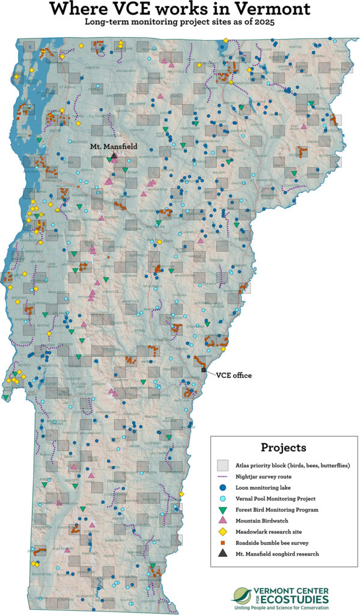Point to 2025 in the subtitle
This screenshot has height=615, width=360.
tap(272, 23)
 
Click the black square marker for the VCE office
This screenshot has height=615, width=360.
tap(204, 370)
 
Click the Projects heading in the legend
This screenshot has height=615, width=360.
tap(284, 447)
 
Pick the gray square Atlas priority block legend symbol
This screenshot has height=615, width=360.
tap(223, 465)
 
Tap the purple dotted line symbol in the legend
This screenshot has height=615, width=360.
tap(223, 476)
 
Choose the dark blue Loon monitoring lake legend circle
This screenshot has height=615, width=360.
tap(223, 487)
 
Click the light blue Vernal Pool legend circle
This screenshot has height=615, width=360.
tap(223, 498)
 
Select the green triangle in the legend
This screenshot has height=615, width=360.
tap(223, 509)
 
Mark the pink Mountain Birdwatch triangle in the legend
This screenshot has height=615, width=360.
tap(223, 520)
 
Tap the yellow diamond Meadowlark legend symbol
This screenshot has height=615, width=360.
tap(223, 532)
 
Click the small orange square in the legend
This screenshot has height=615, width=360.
tap(223, 542)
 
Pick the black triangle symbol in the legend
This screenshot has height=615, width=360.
tap(223, 553)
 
